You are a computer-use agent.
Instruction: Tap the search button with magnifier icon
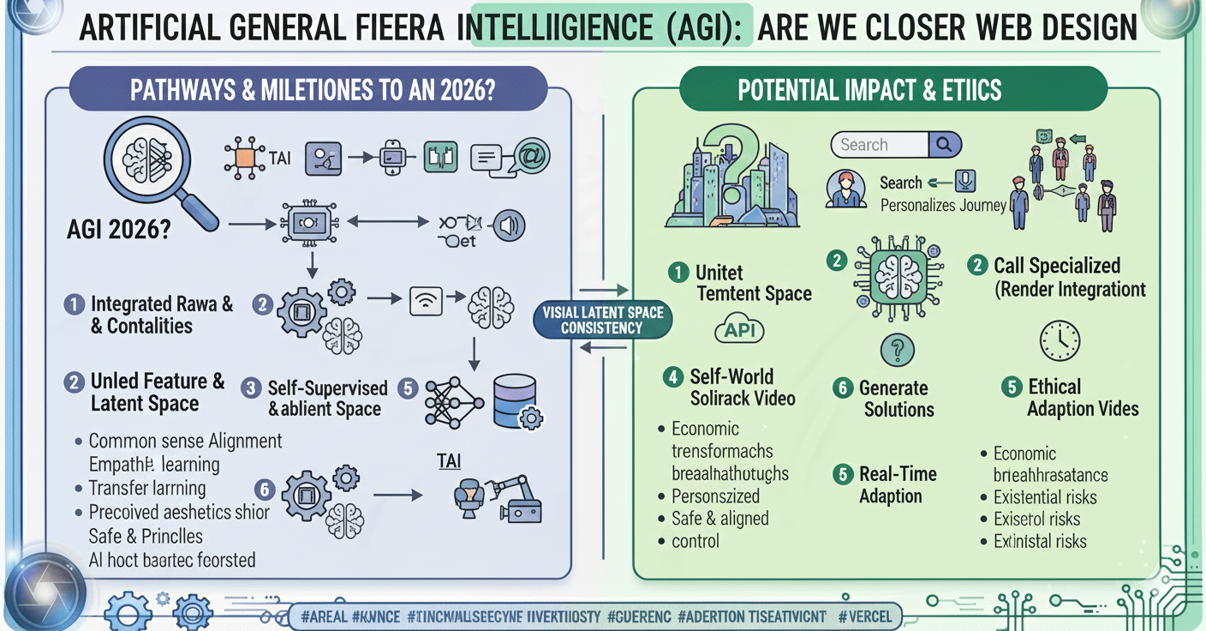(943, 145)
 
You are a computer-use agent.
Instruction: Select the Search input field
(880, 145)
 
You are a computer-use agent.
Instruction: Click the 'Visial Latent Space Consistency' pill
(603, 320)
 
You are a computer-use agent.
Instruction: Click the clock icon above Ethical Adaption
(1059, 341)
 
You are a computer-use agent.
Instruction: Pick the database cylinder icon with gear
(517, 401)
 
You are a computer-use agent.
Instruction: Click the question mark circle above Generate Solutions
(897, 350)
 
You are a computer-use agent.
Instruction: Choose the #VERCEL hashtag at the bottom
(864, 616)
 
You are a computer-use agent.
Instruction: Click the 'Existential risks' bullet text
(1044, 497)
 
